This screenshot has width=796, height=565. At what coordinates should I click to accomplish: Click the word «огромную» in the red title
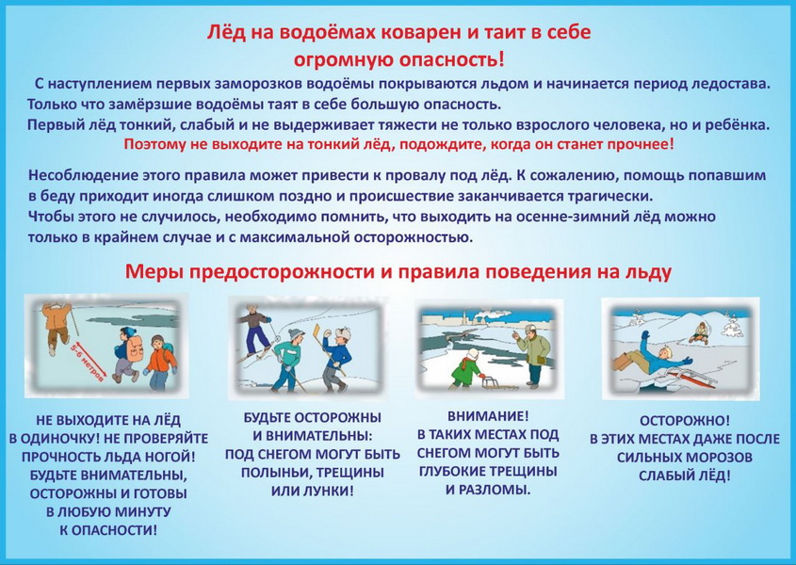point(343,60)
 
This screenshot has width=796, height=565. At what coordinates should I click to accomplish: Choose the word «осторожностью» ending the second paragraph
point(414,237)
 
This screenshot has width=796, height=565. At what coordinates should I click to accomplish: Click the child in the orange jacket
point(160,362)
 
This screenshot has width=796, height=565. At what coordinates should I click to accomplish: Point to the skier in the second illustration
point(256,331)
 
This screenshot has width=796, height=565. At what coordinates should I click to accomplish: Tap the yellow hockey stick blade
point(317,331)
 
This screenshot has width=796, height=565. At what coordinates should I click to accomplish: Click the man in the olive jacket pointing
point(531,356)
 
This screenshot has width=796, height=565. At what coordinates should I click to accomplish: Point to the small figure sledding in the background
point(699,332)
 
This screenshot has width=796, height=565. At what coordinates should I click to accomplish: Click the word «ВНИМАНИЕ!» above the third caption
point(488,416)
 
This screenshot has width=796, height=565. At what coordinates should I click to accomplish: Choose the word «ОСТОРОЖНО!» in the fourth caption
point(685,421)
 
